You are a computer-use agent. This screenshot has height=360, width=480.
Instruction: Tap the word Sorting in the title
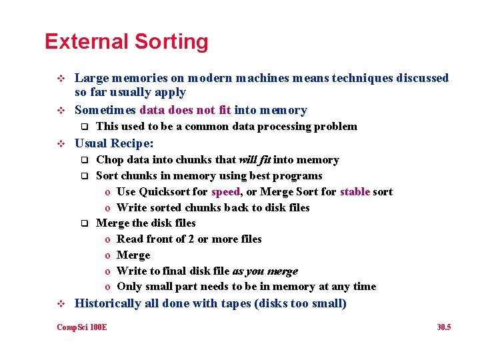click(x=171, y=41)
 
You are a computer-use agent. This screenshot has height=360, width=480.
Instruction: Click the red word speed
click(x=225, y=192)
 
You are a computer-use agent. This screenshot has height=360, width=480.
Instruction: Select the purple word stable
click(x=355, y=192)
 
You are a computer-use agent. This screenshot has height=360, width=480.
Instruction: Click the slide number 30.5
click(x=443, y=327)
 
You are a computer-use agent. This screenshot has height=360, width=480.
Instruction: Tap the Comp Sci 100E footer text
click(x=82, y=327)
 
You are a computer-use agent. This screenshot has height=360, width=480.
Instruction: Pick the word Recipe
click(x=131, y=143)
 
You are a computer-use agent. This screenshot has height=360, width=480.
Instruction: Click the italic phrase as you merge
click(x=265, y=271)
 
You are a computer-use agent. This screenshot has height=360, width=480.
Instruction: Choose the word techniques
click(x=363, y=78)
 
